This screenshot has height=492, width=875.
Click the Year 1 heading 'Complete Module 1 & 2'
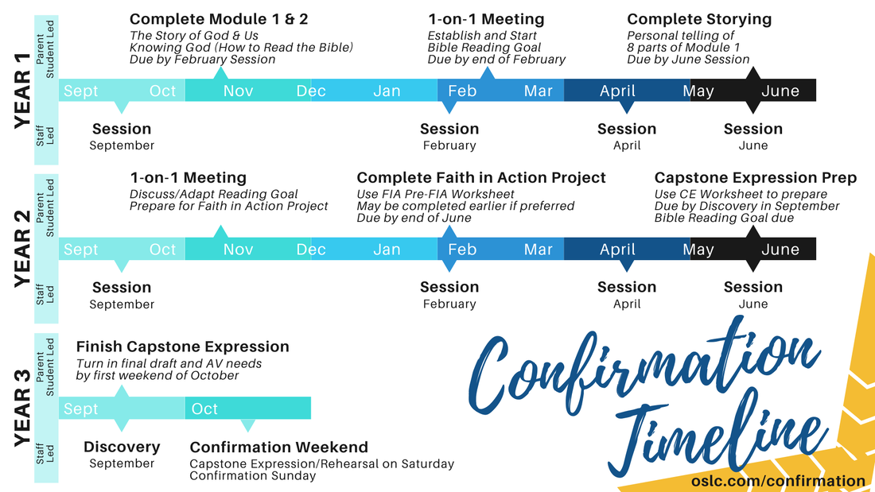tap(219, 19)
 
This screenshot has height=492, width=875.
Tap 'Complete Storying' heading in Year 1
tap(699, 19)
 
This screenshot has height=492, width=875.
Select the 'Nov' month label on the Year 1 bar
tap(239, 91)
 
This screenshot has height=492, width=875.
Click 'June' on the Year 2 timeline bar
tap(780, 250)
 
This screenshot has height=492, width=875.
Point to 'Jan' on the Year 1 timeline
tap(387, 91)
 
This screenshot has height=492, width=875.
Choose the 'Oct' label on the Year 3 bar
tap(204, 409)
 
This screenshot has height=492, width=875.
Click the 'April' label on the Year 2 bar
tap(617, 250)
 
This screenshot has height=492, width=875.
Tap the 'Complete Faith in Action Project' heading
tap(481, 178)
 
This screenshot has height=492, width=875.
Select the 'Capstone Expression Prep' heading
tap(756, 178)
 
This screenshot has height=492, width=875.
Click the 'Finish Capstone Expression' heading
tap(182, 347)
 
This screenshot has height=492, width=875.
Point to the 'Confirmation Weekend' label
tap(279, 447)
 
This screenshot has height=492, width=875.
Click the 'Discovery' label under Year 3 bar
tap(122, 447)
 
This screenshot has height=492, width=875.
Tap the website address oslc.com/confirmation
tap(778, 481)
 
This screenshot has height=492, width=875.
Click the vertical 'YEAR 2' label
tap(22, 249)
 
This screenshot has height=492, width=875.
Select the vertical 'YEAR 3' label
tap(22, 408)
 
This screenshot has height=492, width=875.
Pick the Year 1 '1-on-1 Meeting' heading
tap(486, 19)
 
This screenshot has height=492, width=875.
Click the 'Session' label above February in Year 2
tap(449, 287)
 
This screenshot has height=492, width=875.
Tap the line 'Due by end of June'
tap(414, 218)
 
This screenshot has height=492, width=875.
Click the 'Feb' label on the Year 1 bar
tap(462, 91)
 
